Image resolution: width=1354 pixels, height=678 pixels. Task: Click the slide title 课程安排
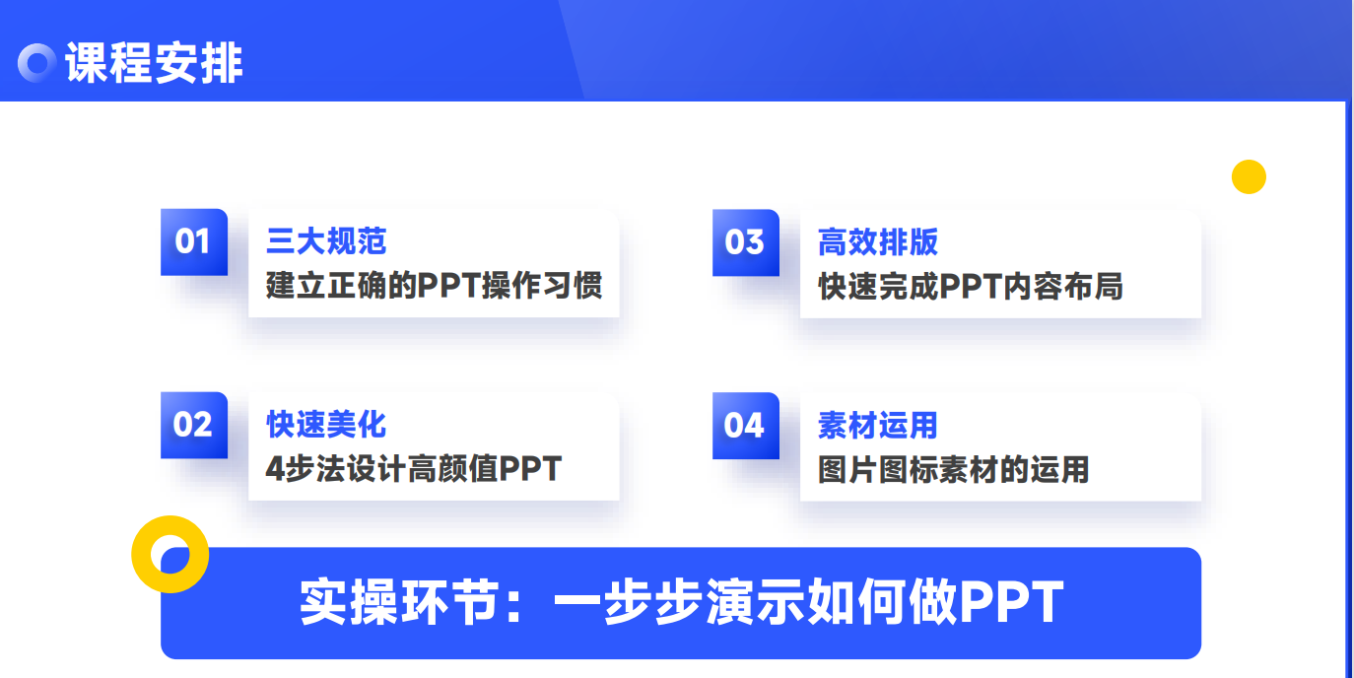[x=154, y=62]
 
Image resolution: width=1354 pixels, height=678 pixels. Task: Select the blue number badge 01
[x=194, y=241]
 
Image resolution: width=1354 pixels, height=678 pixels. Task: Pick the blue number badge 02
[x=194, y=425]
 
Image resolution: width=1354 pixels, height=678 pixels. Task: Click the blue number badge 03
[x=746, y=242]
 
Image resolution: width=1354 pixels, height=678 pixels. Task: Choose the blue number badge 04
[x=746, y=426]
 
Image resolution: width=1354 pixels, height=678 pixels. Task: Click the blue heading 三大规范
[x=326, y=241]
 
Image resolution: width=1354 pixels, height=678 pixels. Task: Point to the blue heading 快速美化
[x=326, y=424]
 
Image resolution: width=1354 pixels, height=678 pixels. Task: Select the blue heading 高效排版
[x=878, y=241]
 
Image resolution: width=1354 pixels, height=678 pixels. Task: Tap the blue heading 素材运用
[x=878, y=425]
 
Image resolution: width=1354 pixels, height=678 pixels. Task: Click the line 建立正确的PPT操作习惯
[x=434, y=285]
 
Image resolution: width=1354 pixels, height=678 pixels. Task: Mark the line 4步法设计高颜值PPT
[x=414, y=469]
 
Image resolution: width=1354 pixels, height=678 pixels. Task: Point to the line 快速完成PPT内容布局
[x=971, y=287]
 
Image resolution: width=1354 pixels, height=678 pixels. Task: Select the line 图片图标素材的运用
[x=954, y=469]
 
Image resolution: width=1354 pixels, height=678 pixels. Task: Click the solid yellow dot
[x=1249, y=177]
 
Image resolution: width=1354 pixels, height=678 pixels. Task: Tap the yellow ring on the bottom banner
[x=139, y=554]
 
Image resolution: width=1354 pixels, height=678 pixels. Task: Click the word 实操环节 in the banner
[x=400, y=602]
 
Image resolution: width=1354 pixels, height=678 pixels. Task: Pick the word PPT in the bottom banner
[x=1012, y=602]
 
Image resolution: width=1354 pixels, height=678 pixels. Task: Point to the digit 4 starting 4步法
[x=275, y=469]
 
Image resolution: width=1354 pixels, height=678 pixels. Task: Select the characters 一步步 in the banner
[x=629, y=602]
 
